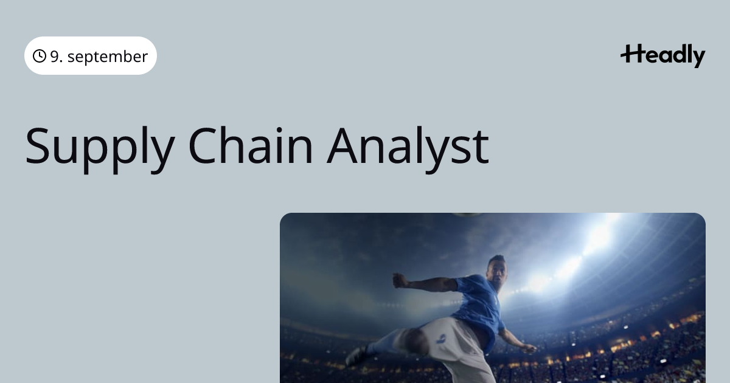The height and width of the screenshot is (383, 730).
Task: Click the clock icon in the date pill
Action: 39,56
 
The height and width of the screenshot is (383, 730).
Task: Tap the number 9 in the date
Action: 54,57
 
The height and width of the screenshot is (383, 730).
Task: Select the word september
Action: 108,57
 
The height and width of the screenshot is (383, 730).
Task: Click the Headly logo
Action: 663,56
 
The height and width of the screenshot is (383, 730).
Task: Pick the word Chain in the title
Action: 251,146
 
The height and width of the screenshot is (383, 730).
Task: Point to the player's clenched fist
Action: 400,280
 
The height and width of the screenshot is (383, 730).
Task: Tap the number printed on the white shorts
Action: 442,339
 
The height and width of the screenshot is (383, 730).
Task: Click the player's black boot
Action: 356,356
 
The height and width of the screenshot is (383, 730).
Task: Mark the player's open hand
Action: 527,348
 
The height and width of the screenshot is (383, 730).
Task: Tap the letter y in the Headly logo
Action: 698,58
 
